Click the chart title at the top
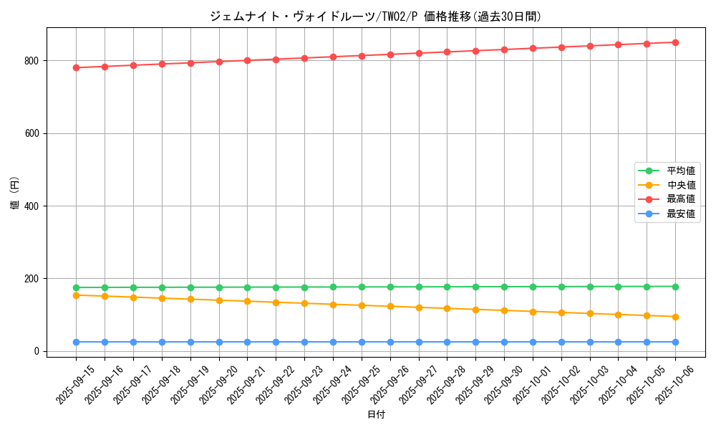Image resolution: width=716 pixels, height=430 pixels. pos(375,16)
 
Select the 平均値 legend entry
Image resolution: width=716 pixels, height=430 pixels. pos(681,171)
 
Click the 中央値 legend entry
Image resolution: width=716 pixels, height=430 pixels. pos(681,185)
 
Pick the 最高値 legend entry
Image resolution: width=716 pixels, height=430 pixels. pos(681,199)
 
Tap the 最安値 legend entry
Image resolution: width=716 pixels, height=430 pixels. pos(681,214)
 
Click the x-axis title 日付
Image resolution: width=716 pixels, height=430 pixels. pos(376,415)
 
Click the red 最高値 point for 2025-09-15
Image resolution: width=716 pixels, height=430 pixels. pos(76,67)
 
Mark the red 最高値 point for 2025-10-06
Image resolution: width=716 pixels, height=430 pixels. pos(675,42)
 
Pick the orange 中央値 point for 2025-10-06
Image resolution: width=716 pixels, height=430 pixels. pos(675,317)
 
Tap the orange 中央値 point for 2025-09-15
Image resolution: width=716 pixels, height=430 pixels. pos(76,295)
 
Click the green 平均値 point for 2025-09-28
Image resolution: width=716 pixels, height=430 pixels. pos(447,287)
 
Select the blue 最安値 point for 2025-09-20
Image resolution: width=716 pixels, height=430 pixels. pos(219,342)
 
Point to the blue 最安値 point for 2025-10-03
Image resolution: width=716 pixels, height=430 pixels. pos(590,342)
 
